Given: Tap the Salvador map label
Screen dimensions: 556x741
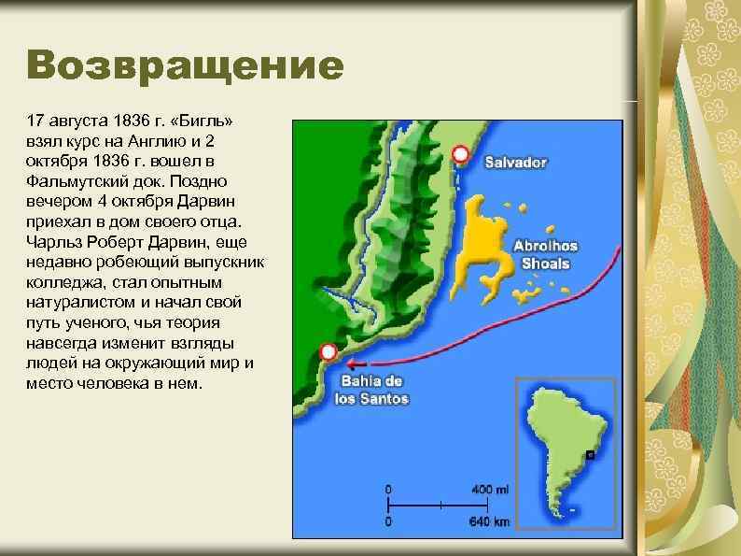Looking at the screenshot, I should (515, 162).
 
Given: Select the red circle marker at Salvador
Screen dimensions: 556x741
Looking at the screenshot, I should (459, 153).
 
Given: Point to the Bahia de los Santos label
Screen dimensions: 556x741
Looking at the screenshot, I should (370, 390).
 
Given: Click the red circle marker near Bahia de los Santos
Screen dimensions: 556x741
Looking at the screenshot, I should (328, 352).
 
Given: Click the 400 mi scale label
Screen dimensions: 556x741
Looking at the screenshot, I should (491, 490).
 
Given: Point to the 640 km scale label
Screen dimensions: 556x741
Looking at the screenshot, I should (490, 520).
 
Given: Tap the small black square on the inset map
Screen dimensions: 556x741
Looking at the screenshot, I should (591, 456).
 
